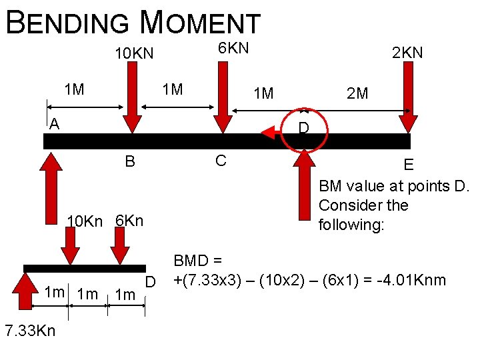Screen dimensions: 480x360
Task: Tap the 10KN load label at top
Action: point(133,53)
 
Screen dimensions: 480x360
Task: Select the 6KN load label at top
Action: point(233,48)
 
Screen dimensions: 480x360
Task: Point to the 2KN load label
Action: point(407,53)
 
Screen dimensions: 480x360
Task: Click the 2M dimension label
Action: point(357,93)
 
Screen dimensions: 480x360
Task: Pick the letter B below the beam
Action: point(130,161)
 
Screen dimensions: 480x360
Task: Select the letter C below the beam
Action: point(220,160)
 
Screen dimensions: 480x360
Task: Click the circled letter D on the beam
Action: point(304,127)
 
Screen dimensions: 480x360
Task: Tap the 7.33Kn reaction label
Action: point(30,331)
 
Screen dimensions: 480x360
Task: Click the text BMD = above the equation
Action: point(198,261)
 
